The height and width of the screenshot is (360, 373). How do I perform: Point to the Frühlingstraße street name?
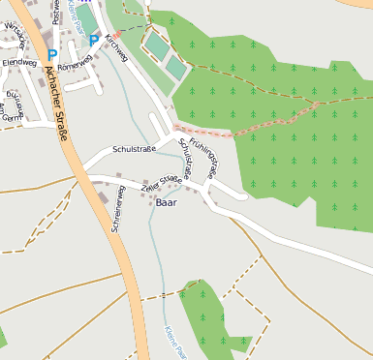pos(203,155)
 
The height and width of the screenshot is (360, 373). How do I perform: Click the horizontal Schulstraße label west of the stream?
pos(135,150)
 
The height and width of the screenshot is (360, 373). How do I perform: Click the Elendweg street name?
pos(18,61)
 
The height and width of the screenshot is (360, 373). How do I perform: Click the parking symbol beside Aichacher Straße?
pos(51,56)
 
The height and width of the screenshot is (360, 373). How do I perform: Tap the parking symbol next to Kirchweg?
pos(94,41)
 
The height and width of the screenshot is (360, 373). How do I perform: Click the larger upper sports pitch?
pos(155,45)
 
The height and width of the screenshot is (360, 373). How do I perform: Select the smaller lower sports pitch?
pos(175,67)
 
